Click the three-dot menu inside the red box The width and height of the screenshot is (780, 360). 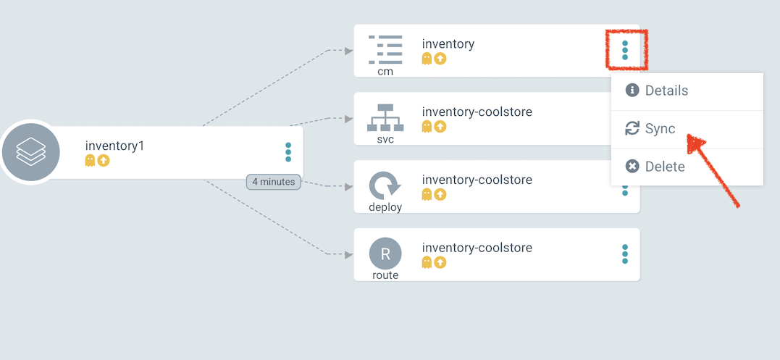(625, 50)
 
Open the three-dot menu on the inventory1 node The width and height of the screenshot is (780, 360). (288, 152)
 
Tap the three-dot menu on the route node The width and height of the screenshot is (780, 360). (625, 254)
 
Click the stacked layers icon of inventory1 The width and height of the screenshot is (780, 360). (30, 152)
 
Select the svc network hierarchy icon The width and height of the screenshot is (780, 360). (385, 117)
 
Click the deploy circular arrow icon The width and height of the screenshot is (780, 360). (385, 185)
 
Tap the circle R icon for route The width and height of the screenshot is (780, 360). (385, 254)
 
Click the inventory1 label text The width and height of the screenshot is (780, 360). (114, 146)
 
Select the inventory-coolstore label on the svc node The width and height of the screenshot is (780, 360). (477, 112)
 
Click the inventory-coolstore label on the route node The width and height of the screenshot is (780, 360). (477, 248)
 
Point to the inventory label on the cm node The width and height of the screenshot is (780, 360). (448, 44)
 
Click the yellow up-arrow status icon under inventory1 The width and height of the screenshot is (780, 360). (104, 160)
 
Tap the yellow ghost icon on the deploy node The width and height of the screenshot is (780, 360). (427, 194)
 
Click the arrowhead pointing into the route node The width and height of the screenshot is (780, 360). (348, 254)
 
